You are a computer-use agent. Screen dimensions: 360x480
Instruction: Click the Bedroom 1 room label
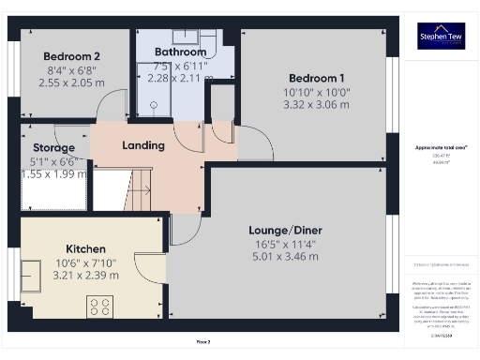click(x=316, y=77)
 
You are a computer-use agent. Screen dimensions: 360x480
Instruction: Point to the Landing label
click(x=144, y=145)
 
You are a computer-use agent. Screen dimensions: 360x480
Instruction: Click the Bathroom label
click(x=180, y=52)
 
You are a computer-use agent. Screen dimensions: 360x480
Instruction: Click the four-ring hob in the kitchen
click(x=100, y=307)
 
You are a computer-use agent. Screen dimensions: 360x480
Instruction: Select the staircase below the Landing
click(x=137, y=189)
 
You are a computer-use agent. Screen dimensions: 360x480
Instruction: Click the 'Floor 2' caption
click(x=202, y=342)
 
